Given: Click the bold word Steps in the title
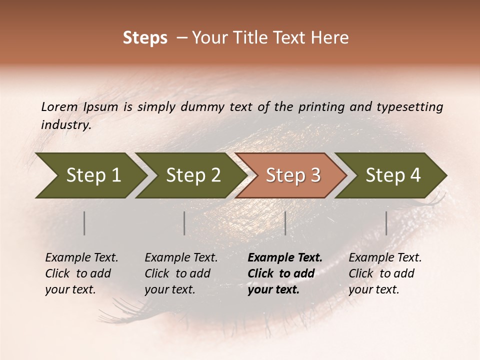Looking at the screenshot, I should point(145,38).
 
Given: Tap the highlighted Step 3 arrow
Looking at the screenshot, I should point(293,175).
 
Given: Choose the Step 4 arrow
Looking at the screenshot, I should point(393,175).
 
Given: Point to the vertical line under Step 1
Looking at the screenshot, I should point(84,223).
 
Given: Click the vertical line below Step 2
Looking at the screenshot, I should point(184,223).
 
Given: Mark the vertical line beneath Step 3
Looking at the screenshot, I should point(285,223).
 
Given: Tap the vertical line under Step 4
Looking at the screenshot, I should point(386,223).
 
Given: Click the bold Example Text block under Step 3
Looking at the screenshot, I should point(285,273).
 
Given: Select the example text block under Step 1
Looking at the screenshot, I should point(81,273).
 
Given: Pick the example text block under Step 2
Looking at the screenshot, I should point(181,273).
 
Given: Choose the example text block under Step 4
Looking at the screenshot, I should point(385,273).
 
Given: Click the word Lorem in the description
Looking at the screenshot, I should point(59,106).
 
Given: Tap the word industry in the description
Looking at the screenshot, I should point(66,124).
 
